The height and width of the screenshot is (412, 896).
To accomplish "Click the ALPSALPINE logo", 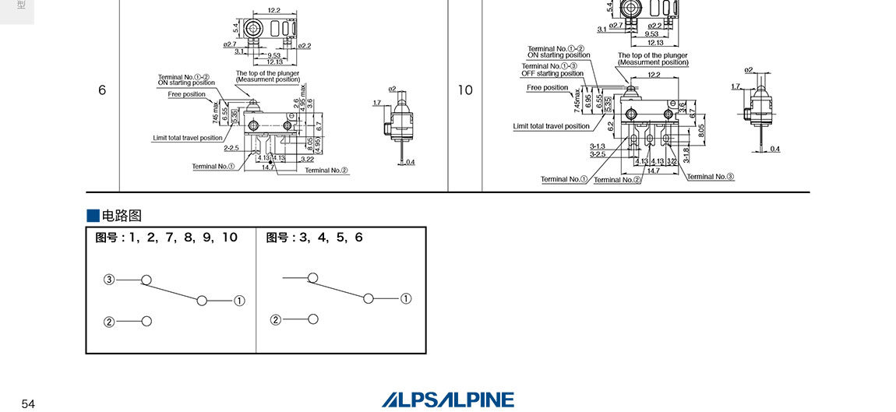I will click(x=448, y=400).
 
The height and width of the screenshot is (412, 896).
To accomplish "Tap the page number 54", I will click(x=28, y=403).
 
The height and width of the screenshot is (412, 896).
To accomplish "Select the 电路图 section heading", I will click(x=122, y=216).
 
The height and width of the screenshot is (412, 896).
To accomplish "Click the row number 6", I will click(x=102, y=90).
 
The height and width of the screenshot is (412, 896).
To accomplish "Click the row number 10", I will click(x=464, y=90).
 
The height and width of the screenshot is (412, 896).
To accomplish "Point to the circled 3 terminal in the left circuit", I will click(x=109, y=279).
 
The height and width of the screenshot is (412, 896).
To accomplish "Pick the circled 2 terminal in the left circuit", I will click(x=109, y=321).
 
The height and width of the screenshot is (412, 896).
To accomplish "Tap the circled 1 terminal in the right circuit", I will click(x=406, y=298).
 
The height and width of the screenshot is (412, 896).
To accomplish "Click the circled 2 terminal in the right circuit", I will click(x=275, y=319).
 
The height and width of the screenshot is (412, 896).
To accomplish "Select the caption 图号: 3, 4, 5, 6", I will click(x=314, y=238).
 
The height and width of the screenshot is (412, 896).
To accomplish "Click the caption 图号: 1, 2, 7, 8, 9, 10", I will click(x=167, y=238).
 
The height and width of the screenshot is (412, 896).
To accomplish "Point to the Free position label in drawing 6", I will click(x=187, y=94).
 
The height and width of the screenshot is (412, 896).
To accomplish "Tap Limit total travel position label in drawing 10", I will click(x=552, y=126).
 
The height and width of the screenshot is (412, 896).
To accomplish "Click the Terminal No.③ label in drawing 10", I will click(x=711, y=177).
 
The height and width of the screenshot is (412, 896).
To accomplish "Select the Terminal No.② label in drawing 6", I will click(x=326, y=170).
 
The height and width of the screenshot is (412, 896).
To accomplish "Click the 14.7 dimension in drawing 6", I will click(x=267, y=167).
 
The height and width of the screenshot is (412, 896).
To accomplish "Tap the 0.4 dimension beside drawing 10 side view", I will click(x=774, y=149).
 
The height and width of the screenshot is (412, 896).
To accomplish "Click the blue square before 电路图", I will click(x=93, y=216).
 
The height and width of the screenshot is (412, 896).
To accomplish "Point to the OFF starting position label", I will click(x=555, y=74).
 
